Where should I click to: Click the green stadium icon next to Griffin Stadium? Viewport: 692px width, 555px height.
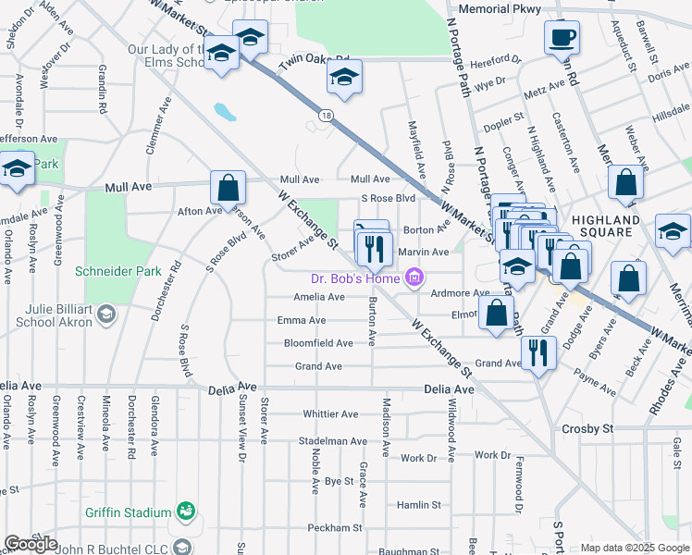click(x=186, y=512)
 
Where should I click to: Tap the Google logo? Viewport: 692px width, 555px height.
click(x=31, y=544)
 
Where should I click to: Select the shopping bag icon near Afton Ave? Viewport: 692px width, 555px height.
click(x=228, y=190)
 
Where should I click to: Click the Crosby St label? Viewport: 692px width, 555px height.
click(x=587, y=429)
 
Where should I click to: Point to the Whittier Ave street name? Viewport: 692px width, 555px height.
click(x=329, y=414)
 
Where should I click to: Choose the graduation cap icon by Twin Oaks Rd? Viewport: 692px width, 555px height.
click(x=344, y=79)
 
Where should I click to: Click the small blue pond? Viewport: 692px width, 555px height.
click(x=224, y=113)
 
